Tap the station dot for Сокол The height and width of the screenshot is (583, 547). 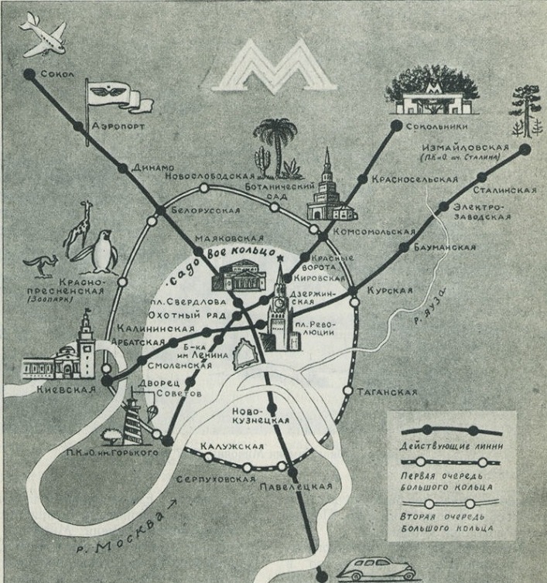click(29, 74)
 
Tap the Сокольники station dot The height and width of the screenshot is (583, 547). click(396, 125)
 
